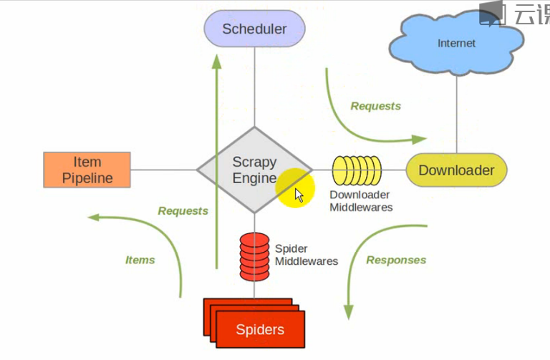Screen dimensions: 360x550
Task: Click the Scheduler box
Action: [x=254, y=29]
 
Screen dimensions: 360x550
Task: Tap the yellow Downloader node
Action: [x=456, y=170]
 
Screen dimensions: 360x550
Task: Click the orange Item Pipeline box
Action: [x=87, y=170]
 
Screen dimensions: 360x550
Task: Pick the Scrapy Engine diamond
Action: [x=254, y=170]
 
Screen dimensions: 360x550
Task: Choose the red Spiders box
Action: [x=260, y=329]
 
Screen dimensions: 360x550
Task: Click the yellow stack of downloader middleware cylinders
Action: [x=357, y=170]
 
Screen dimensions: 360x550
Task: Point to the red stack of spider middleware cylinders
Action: [x=254, y=255]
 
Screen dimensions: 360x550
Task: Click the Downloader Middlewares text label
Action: [x=360, y=201]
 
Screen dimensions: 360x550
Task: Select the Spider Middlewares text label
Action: [x=306, y=255]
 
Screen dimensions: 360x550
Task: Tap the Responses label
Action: [x=396, y=260]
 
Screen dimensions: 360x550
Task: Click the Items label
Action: [x=140, y=260]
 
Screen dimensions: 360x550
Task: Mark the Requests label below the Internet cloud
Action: [x=375, y=106]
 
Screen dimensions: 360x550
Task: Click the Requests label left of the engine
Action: [x=183, y=211]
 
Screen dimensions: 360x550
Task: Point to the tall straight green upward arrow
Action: [x=217, y=165]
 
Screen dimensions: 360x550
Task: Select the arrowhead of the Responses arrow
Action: [x=349, y=313]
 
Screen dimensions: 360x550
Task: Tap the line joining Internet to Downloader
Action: [x=456, y=115]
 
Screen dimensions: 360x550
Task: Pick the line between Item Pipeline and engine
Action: [x=164, y=170]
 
